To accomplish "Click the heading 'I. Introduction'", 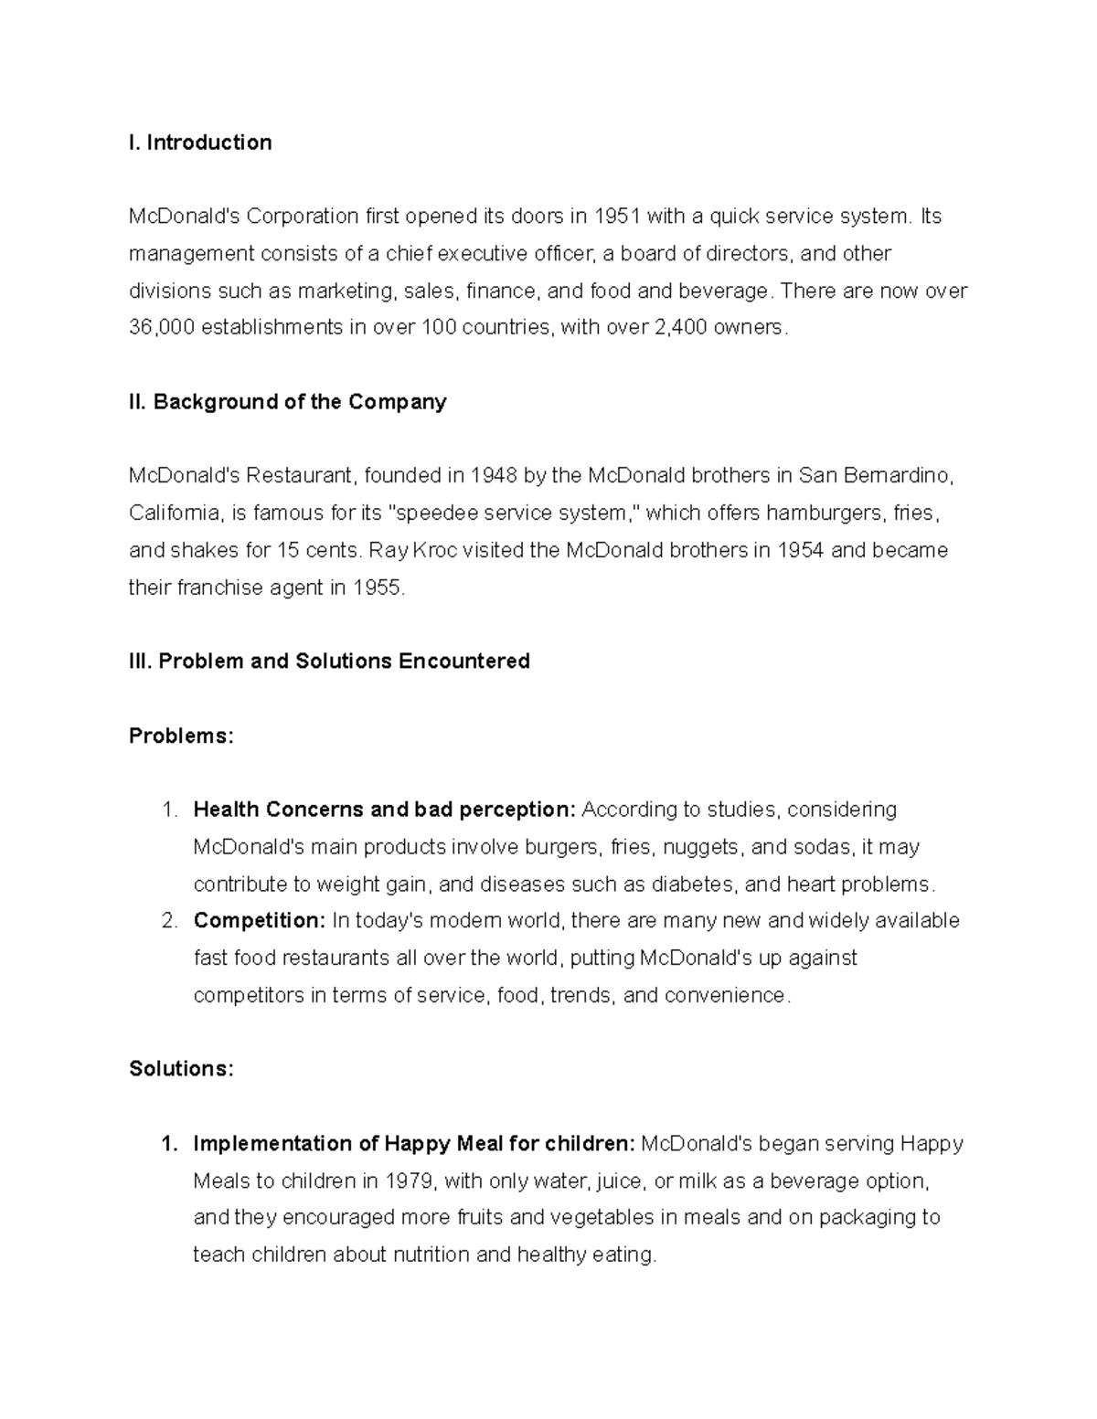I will coord(200,143).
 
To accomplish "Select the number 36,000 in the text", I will coord(162,327).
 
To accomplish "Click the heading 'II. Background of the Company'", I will coord(287,402).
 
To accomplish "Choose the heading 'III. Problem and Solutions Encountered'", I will coord(329,662).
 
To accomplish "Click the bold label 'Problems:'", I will coord(181,736).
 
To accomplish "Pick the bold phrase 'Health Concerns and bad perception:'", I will coord(384,810).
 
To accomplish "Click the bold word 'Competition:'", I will coord(260,920).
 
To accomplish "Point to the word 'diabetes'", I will coord(699,884).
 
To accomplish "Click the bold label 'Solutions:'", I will coord(181,1069).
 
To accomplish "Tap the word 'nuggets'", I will coord(700,847).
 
